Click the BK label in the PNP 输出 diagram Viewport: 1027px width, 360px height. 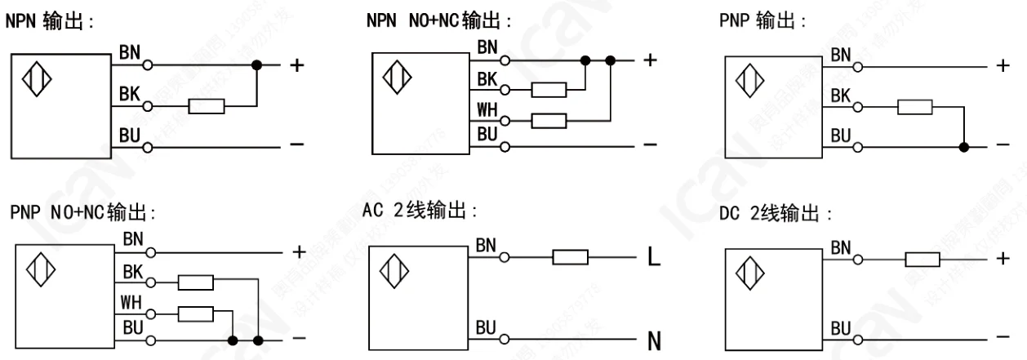coord(841,96)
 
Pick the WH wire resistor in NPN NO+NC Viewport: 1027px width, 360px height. coord(548,121)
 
